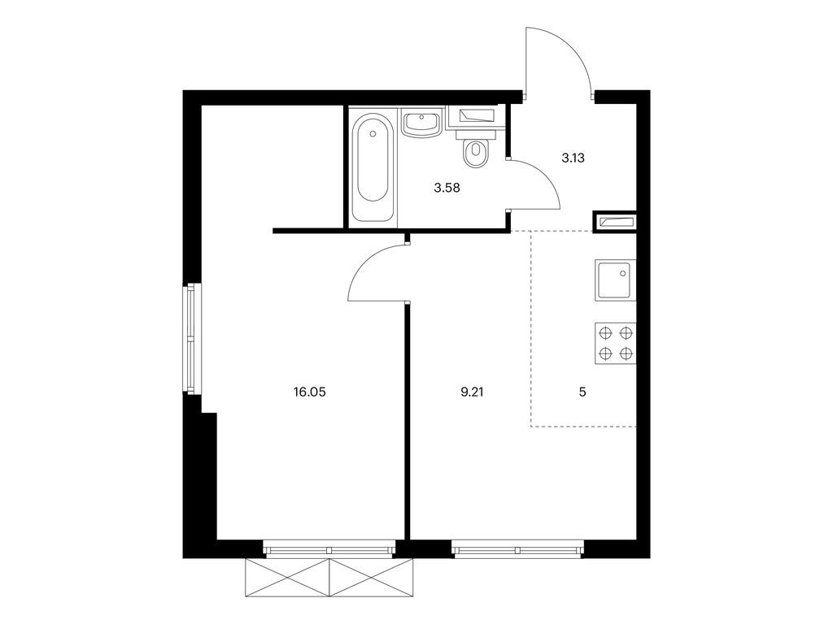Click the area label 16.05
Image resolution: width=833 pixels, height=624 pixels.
[x=309, y=392]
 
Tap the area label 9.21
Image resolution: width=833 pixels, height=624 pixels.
[x=473, y=392]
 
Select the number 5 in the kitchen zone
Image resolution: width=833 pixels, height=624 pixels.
[x=582, y=392]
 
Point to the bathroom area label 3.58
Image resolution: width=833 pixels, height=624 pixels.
[x=447, y=188]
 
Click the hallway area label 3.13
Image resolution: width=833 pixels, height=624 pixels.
[x=574, y=158]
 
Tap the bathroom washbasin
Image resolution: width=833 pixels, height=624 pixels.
[x=421, y=123]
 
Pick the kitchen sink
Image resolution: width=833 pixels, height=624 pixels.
[x=615, y=280]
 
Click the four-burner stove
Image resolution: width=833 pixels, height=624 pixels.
[x=615, y=344]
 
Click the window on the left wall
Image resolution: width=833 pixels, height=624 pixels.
[x=192, y=339]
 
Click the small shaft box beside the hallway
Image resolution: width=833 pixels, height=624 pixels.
[x=615, y=221]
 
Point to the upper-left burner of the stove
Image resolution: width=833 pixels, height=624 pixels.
[x=605, y=332]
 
